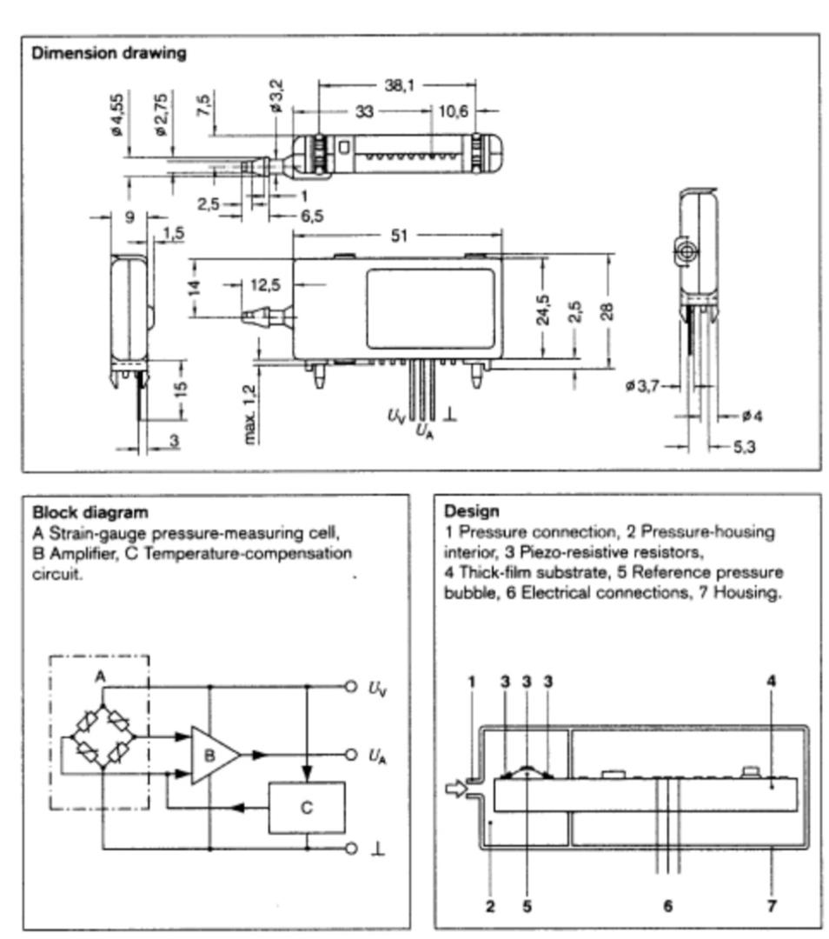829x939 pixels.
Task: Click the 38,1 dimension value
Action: pos(399,86)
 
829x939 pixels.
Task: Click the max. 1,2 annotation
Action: pos(252,416)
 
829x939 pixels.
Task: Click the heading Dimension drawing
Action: pos(109,53)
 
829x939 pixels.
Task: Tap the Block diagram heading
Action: pos(90,512)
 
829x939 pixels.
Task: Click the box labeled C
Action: pos(307,808)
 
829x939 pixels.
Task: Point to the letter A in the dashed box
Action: pos(100,676)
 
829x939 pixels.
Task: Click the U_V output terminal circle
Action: pos(351,687)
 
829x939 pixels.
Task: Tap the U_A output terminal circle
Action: pos(351,755)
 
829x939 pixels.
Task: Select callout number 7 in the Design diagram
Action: pos(772,906)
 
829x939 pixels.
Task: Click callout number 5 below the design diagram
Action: pos(527,906)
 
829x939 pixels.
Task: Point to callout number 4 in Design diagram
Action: pos(771,681)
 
